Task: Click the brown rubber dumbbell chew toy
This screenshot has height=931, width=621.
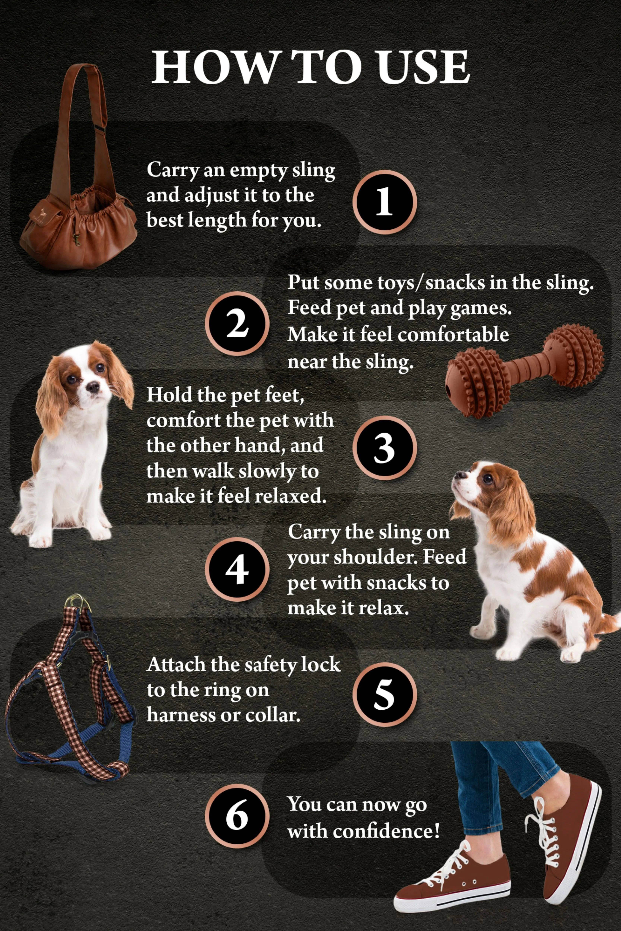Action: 525,370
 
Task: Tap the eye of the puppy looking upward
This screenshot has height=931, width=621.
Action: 488,480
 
